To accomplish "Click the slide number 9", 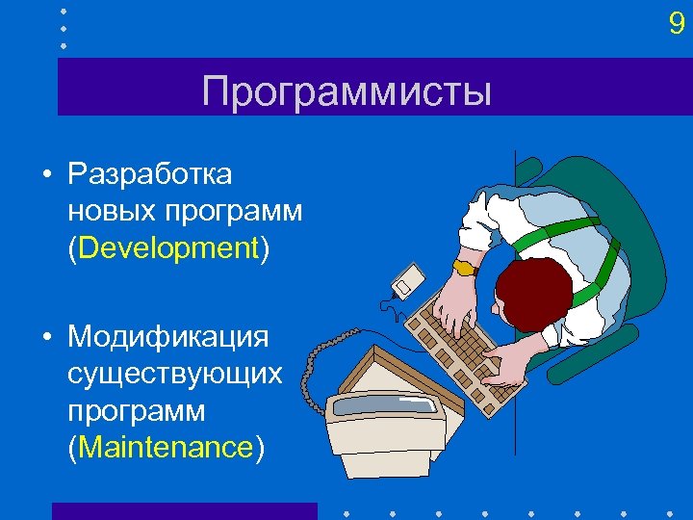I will (677, 24).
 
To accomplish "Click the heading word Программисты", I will (346, 92).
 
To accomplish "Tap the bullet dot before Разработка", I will (46, 175).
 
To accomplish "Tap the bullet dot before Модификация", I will (46, 338).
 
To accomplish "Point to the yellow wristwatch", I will (465, 267).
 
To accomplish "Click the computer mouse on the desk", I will (405, 280).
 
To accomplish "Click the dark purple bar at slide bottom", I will (184, 510).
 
